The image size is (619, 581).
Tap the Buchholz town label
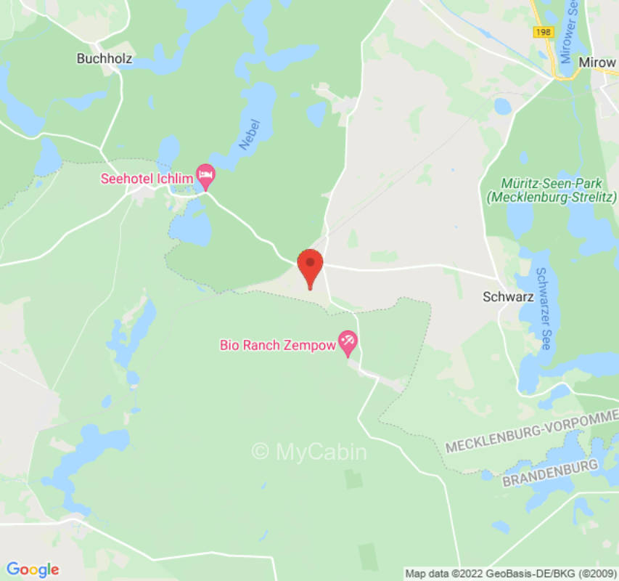click(x=104, y=59)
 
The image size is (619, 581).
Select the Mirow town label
click(x=597, y=62)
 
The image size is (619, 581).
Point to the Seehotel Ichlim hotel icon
click(x=207, y=174)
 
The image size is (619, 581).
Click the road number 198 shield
click(x=541, y=32)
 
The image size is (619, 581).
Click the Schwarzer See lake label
click(x=543, y=309)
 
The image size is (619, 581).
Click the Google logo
click(x=32, y=569)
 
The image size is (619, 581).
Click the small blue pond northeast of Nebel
click(x=316, y=113)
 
